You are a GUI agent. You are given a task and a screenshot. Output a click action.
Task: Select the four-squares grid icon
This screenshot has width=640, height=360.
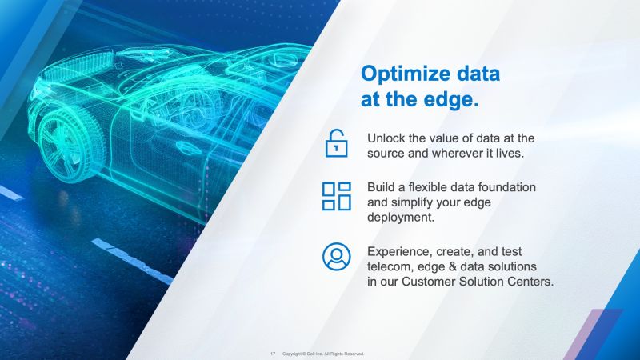click(x=337, y=196)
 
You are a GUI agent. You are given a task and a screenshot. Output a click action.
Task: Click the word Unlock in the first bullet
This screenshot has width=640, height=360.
click(x=386, y=138)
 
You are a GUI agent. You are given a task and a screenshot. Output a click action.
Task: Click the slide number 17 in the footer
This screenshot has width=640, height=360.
click(x=273, y=353)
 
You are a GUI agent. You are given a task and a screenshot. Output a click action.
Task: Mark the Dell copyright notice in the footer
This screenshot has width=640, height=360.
click(x=324, y=353)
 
